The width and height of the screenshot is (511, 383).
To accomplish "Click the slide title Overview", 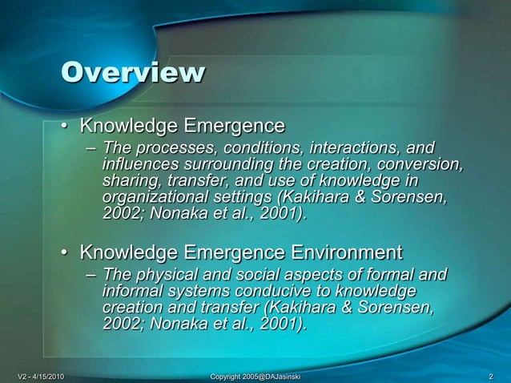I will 133,74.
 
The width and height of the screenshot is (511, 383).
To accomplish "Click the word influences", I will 141,166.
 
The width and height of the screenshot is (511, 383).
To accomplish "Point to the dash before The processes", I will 91,150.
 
